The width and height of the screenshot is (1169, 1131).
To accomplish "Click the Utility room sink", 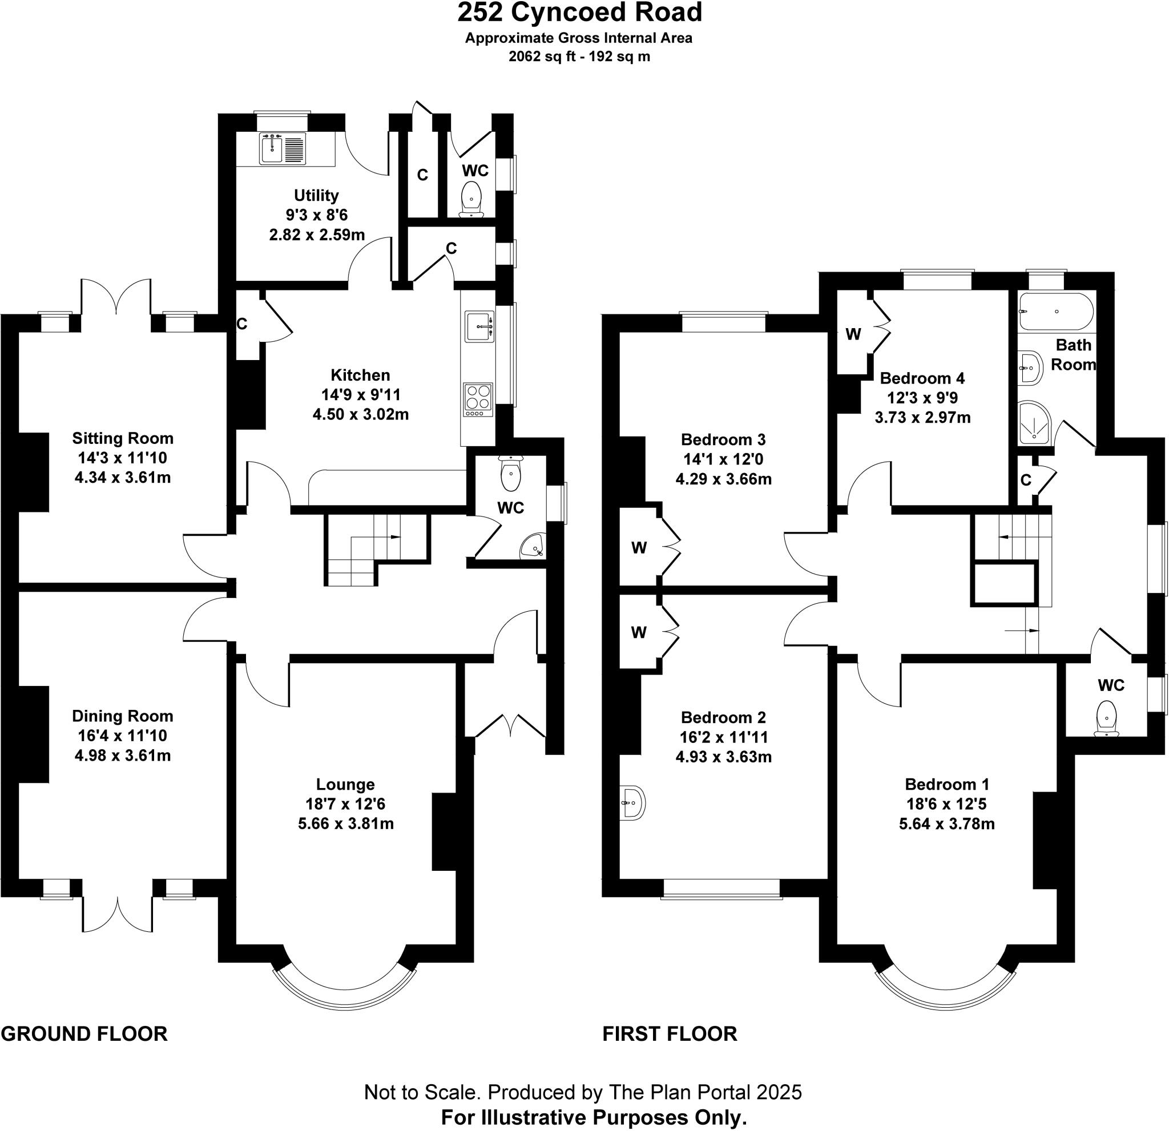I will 271,148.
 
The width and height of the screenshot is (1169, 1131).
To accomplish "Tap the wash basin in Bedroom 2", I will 632,802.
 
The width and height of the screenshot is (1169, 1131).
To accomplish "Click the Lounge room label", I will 345,784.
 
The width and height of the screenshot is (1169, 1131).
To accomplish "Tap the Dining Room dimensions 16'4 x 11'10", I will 122,736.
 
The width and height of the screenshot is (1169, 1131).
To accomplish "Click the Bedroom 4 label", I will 922,378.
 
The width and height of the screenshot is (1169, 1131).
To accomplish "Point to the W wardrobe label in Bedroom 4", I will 853,334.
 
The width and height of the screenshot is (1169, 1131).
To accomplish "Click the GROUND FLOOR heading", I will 84,1033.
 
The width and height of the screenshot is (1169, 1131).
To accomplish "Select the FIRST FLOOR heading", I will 670,1033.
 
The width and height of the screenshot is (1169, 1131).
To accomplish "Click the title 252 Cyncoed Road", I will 579,13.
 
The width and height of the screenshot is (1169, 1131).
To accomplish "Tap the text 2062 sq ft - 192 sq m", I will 579,56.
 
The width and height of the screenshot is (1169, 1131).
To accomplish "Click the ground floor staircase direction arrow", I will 394,537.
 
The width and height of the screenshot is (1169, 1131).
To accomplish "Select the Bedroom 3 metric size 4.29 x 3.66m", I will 723,479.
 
